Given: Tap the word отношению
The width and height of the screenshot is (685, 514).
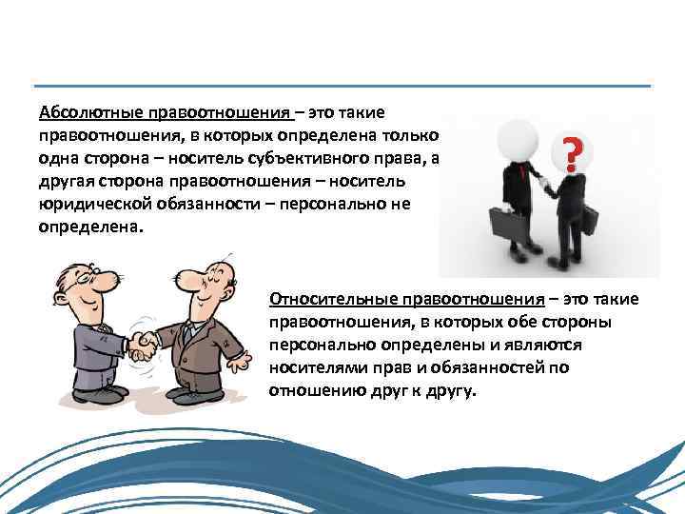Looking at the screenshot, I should [313, 391].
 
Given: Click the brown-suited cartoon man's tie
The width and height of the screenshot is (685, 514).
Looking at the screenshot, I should [190, 329].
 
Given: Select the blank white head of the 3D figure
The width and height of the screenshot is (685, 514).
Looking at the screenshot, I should [519, 139].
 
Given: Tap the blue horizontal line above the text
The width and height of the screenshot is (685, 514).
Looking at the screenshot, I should [342, 87].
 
